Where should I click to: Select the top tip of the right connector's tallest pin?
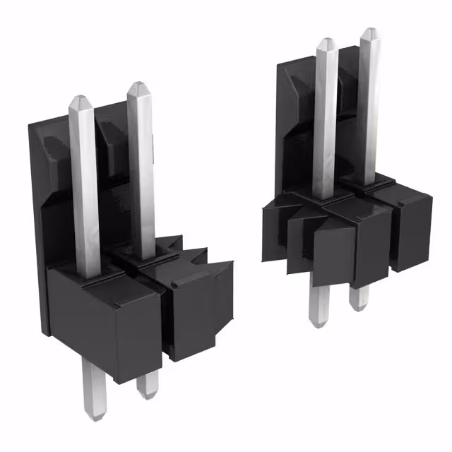coord(369,31)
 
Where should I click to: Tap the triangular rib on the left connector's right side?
coord(225,282)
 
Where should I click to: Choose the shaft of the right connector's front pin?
coord(326,120)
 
